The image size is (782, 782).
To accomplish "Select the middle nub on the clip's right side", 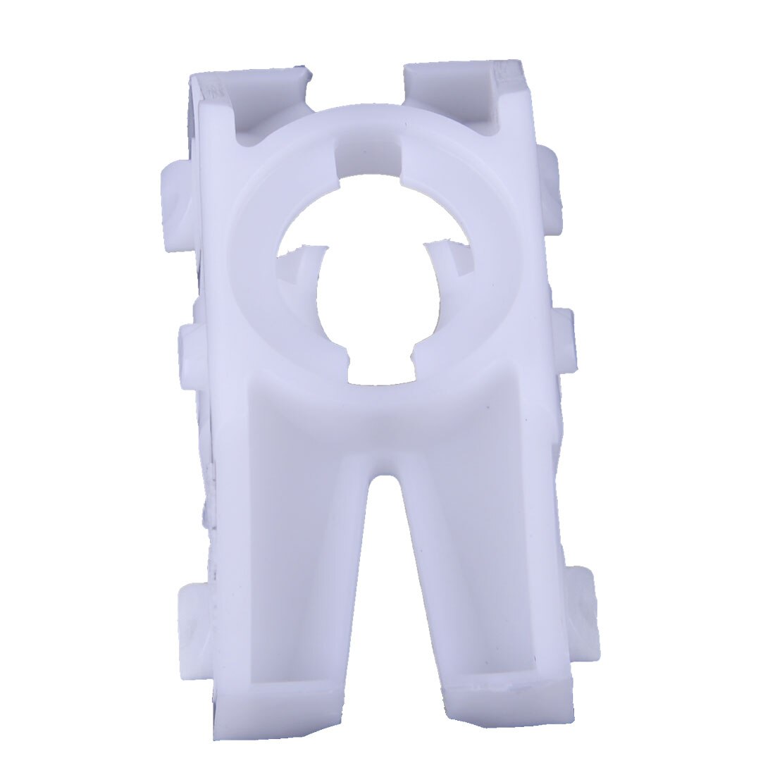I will [x=564, y=338].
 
